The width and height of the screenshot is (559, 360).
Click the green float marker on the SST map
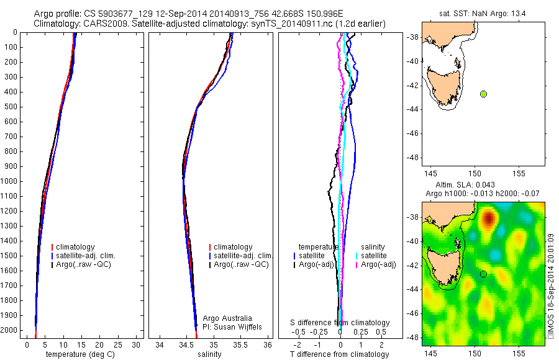tap(484, 94)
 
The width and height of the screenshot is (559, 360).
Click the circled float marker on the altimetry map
tap(484, 274)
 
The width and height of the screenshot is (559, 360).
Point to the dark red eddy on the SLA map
tap(489, 218)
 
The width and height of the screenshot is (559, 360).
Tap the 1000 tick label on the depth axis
tap(10, 181)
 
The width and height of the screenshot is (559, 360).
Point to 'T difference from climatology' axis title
tap(339, 354)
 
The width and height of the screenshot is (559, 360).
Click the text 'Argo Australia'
tap(227, 318)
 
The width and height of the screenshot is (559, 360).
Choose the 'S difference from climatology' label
tap(340, 323)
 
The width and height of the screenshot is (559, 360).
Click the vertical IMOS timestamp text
tap(552, 286)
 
